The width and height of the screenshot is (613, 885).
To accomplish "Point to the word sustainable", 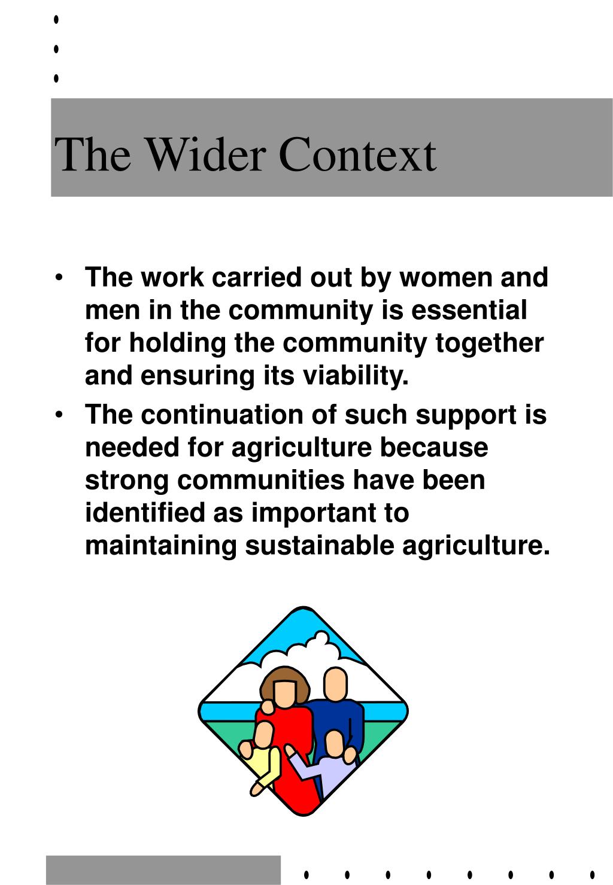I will (319, 546).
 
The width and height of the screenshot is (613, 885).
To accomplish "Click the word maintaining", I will (161, 546).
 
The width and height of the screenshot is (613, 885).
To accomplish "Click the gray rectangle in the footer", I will (163, 870).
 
